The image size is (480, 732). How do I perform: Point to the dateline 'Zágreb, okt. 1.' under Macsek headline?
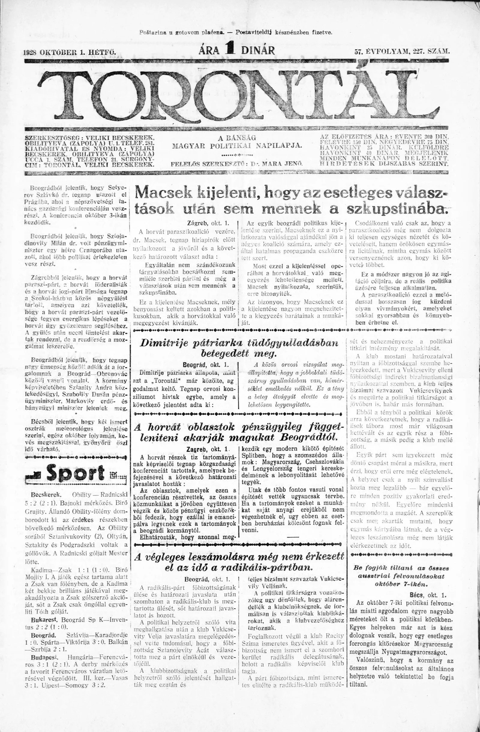click(208, 224)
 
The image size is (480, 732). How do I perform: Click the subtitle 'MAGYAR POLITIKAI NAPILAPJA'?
click(237, 145)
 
